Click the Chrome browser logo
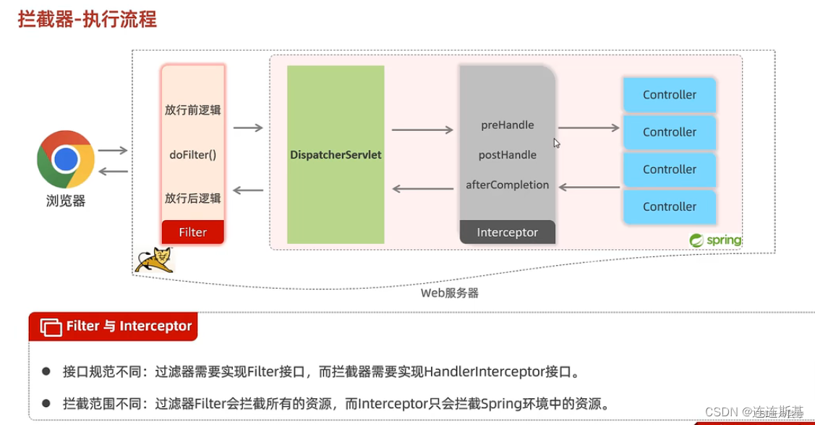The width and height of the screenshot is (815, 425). (66, 159)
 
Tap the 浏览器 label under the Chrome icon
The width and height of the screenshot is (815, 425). (66, 201)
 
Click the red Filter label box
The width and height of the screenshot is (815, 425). (192, 232)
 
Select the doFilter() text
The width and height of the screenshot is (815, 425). (192, 155)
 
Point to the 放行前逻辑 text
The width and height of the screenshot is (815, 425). (192, 110)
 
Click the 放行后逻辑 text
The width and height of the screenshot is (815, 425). (192, 198)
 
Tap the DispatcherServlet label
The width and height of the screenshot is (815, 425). (336, 155)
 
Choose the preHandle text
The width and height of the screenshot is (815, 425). (508, 125)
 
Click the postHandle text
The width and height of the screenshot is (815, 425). (508, 155)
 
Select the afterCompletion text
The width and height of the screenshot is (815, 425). (508, 185)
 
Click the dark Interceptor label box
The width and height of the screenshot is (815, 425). (508, 232)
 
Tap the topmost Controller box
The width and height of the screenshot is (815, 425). (670, 95)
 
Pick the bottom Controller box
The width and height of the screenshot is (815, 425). (670, 207)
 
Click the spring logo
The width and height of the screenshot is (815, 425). (715, 240)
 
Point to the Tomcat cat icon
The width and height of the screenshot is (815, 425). (154, 259)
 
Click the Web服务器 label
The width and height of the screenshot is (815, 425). (450, 293)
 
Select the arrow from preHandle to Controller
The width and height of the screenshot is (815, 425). (589, 128)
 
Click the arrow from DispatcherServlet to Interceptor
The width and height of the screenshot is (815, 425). (422, 130)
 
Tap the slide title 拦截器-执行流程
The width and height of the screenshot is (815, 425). (87, 19)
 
